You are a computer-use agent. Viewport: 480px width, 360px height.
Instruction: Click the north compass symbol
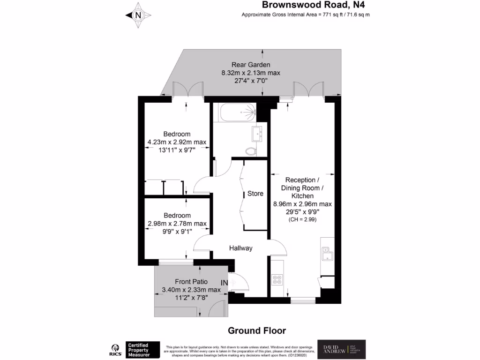click(x=138, y=15)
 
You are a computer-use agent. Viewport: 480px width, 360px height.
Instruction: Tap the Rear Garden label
click(x=250, y=65)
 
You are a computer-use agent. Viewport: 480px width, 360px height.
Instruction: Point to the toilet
click(x=251, y=150)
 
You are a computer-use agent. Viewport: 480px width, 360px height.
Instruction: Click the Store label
click(x=255, y=194)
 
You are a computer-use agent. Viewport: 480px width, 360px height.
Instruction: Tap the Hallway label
click(x=241, y=248)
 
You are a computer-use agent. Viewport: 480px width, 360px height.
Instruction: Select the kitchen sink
click(x=326, y=254)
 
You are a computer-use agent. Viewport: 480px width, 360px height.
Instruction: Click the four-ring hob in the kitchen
click(x=277, y=280)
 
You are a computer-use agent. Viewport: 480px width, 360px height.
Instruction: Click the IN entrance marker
click(x=225, y=283)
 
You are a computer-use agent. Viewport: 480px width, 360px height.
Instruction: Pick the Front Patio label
click(x=191, y=282)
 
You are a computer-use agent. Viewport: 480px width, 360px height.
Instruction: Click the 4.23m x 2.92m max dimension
click(x=177, y=142)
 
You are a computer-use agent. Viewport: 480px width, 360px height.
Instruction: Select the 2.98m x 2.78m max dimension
click(x=177, y=223)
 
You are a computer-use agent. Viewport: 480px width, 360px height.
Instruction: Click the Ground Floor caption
click(x=256, y=330)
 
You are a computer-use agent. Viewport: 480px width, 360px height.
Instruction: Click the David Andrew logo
click(x=341, y=349)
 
